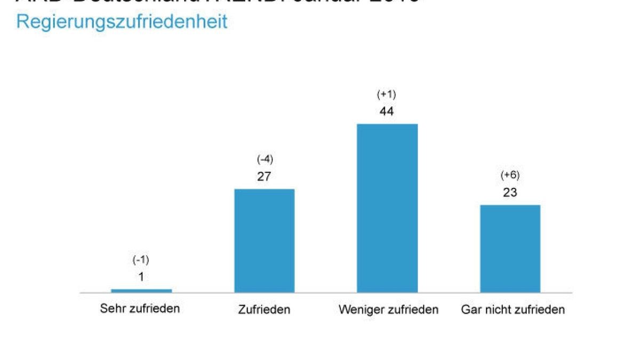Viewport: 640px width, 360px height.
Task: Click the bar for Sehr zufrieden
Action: coord(141,291)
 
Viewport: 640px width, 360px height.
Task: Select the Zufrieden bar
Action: coord(265,241)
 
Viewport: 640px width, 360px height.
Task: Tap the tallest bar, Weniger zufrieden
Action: coord(387,208)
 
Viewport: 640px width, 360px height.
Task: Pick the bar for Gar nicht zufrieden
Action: coord(510,249)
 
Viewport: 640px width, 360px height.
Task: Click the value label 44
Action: coord(387,112)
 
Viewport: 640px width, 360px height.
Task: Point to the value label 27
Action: coord(264,177)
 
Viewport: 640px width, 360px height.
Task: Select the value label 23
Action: coord(510,193)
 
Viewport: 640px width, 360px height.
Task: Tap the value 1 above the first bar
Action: coord(141,277)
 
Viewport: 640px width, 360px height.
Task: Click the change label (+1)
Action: coord(387,95)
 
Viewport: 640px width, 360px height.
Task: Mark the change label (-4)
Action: coord(265,160)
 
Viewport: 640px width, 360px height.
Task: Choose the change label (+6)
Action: coord(510,175)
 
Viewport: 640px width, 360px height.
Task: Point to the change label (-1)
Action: coord(141,260)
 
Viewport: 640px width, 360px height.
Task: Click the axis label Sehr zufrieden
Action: coord(140,309)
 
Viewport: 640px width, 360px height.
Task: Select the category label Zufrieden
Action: coord(265,310)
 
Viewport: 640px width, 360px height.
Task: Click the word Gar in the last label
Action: coord(470,310)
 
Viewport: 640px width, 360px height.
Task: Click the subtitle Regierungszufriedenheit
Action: coord(122,22)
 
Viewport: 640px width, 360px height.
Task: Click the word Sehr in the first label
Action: coord(112,309)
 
